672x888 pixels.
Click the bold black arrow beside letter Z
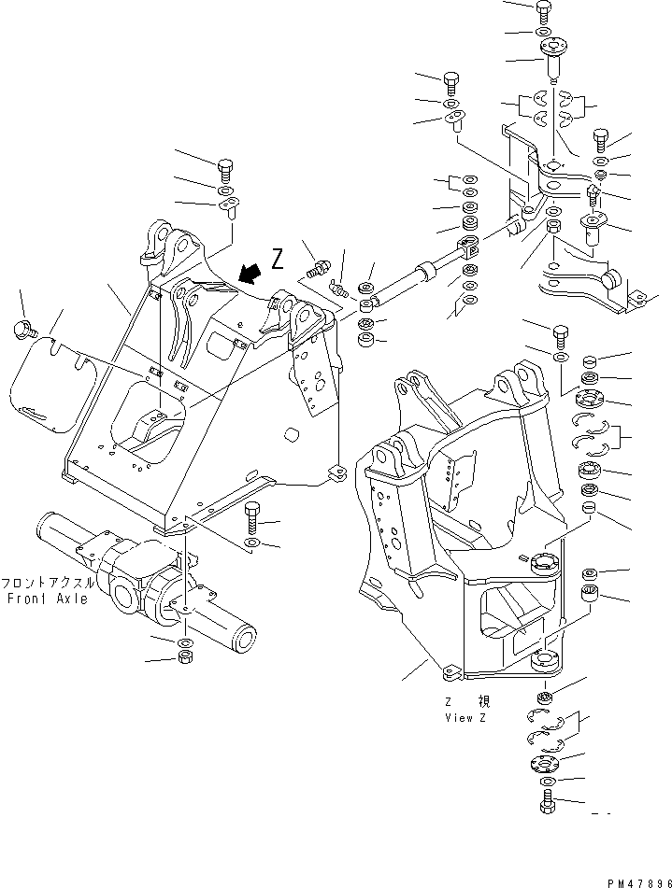click(x=248, y=272)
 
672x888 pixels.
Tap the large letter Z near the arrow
click(x=277, y=259)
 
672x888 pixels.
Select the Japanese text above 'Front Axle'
click(x=47, y=582)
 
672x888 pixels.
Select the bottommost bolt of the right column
click(x=547, y=802)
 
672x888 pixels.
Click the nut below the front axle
click(x=185, y=661)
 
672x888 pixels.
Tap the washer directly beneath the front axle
click(x=185, y=644)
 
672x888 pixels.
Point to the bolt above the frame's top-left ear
click(x=225, y=172)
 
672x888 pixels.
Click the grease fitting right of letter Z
click(x=321, y=268)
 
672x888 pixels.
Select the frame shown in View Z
click(x=458, y=523)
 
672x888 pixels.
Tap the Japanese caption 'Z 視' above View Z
click(x=467, y=701)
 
